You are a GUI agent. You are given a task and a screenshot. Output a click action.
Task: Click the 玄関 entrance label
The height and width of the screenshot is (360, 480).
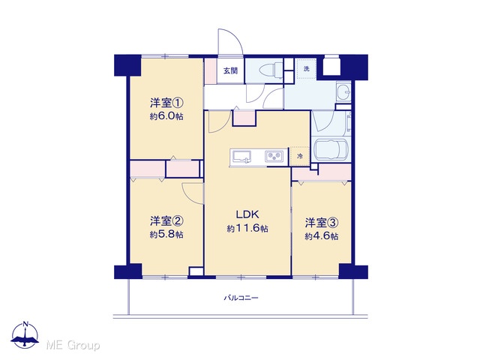click(230, 71)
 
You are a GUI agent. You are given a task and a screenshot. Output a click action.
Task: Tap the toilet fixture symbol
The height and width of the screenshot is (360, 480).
click(271, 70)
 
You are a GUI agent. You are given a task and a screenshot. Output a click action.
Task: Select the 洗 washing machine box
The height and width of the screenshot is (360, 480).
click(306, 69)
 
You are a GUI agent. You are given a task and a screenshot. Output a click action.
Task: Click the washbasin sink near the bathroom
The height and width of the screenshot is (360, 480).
click(343, 91)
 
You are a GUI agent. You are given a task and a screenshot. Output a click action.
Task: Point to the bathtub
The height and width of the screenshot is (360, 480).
click(331, 150)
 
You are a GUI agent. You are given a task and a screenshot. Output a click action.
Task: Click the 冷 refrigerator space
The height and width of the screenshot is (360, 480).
click(300, 157)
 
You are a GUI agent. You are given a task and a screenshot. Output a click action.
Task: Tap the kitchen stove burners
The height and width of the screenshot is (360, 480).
click(274, 157)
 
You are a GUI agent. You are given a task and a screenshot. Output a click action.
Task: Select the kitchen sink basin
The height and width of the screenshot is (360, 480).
click(242, 157)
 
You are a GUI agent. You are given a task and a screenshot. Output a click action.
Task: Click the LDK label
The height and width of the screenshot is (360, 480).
click(247, 214)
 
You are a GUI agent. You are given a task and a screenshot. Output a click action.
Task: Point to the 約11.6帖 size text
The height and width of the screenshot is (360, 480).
click(247, 228)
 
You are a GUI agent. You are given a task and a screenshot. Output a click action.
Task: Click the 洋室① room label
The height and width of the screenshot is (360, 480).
click(166, 103)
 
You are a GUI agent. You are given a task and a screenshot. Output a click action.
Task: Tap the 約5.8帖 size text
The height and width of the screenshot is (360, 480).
click(166, 235)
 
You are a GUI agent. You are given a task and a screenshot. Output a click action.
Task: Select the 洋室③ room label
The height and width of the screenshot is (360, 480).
click(322, 223)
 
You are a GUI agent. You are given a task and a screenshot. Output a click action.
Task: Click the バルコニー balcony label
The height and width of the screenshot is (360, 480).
click(241, 298)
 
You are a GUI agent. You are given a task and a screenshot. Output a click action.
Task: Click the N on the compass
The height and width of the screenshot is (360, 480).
click(26, 324)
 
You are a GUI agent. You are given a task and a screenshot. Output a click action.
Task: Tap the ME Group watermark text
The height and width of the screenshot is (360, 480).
click(73, 346)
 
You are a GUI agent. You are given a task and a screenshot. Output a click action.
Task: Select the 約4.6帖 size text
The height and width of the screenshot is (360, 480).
click(322, 236)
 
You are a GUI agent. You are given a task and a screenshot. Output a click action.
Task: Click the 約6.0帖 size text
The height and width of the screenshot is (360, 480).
click(166, 116)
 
